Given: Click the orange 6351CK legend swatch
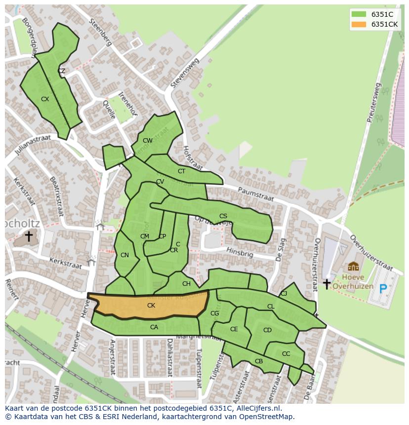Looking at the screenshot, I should (359, 24).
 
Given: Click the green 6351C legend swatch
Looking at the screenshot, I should (359, 14).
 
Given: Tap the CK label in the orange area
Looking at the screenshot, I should (151, 306).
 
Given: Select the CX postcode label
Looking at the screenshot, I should (45, 99).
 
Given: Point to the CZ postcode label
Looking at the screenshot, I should (61, 71).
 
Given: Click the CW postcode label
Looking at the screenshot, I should (147, 141).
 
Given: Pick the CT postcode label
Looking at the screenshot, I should (181, 171).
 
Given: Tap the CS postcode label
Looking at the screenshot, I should (223, 216).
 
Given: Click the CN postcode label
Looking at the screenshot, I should (124, 255).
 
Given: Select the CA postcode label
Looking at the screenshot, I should (154, 327).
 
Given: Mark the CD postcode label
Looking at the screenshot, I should (267, 330).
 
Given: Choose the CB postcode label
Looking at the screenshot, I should (259, 361).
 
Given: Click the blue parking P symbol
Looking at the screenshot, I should (383, 289).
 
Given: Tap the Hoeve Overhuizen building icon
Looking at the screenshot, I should (353, 267).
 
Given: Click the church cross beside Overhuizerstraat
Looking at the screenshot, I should (327, 284).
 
